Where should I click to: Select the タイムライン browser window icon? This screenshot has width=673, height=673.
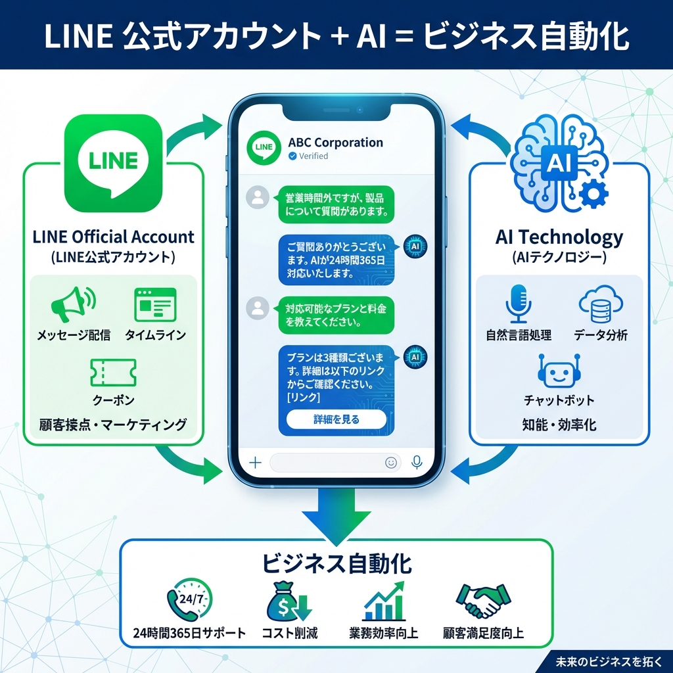point(155,304)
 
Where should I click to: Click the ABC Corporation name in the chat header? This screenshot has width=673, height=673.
point(335,143)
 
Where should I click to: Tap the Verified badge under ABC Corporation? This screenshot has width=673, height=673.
point(308,156)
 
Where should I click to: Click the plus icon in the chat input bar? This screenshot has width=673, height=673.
point(255,463)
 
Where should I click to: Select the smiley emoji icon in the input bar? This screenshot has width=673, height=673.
point(391,463)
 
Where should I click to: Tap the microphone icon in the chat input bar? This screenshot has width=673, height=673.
point(416,463)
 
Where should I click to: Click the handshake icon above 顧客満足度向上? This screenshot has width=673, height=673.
point(483,600)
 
